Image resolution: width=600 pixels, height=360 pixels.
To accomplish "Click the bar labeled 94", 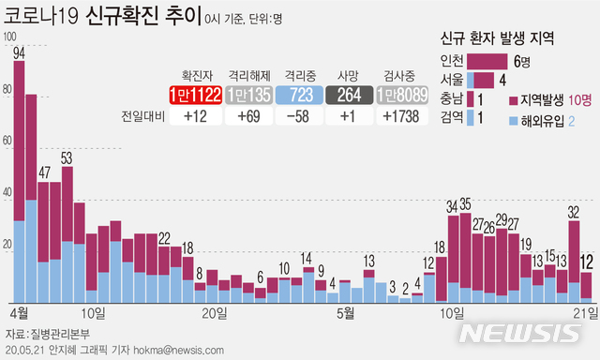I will point(20,178).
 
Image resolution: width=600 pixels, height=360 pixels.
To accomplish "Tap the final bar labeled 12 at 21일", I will point(586,285).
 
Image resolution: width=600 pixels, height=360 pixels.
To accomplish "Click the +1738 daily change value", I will point(402,116).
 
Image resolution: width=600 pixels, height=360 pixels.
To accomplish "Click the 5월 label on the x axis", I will point(347,311).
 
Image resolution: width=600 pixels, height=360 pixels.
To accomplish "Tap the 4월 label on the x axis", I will point(17,311).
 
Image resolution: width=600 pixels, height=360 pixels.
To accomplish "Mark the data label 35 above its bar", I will point(466,204).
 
